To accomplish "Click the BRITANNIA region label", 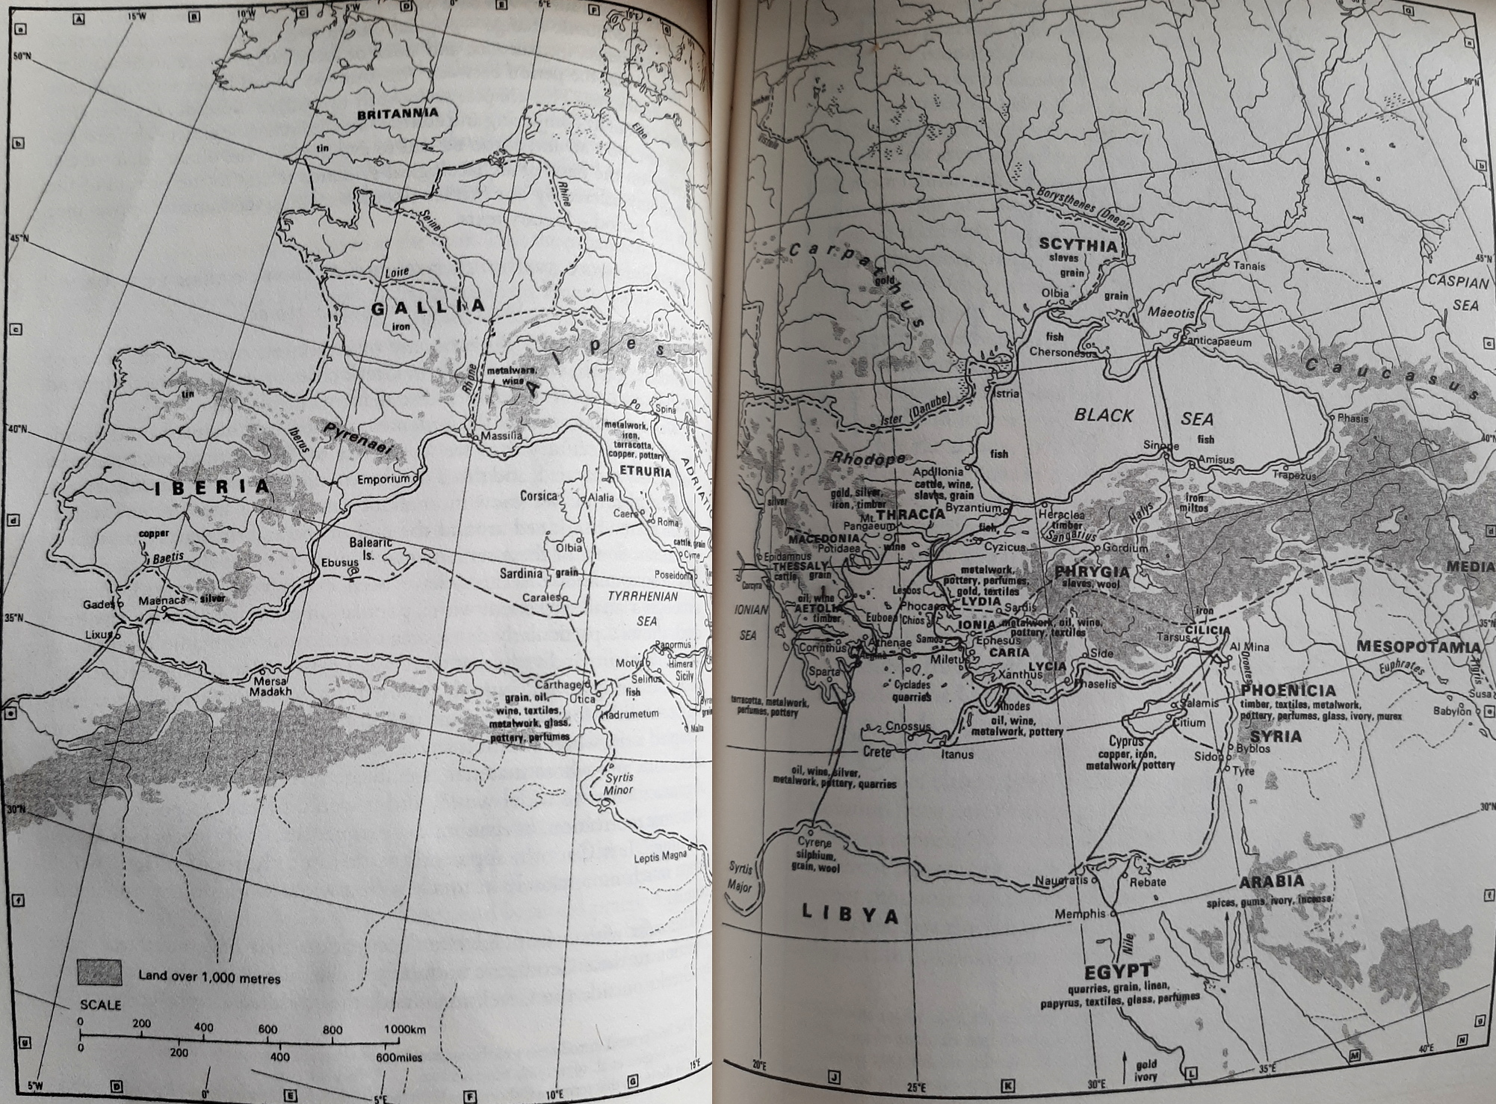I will pyautogui.click(x=397, y=115).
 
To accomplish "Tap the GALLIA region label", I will pyautogui.click(x=428, y=306).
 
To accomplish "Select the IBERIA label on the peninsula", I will pyautogui.click(x=212, y=488).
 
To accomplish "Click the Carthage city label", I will pyautogui.click(x=558, y=685).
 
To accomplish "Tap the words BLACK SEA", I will pyautogui.click(x=1143, y=416).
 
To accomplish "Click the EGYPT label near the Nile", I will pyautogui.click(x=1118, y=971).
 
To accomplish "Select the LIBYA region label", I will pyautogui.click(x=850, y=913).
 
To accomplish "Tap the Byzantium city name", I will pyautogui.click(x=972, y=508).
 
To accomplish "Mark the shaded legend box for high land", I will pyautogui.click(x=99, y=972).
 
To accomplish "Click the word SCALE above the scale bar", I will pyautogui.click(x=100, y=1005).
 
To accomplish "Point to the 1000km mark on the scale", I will pyautogui.click(x=404, y=1029).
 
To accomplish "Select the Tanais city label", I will pyautogui.click(x=1249, y=266).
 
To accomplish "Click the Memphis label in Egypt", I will pyautogui.click(x=1079, y=913).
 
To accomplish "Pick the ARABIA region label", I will pyautogui.click(x=1271, y=882).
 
